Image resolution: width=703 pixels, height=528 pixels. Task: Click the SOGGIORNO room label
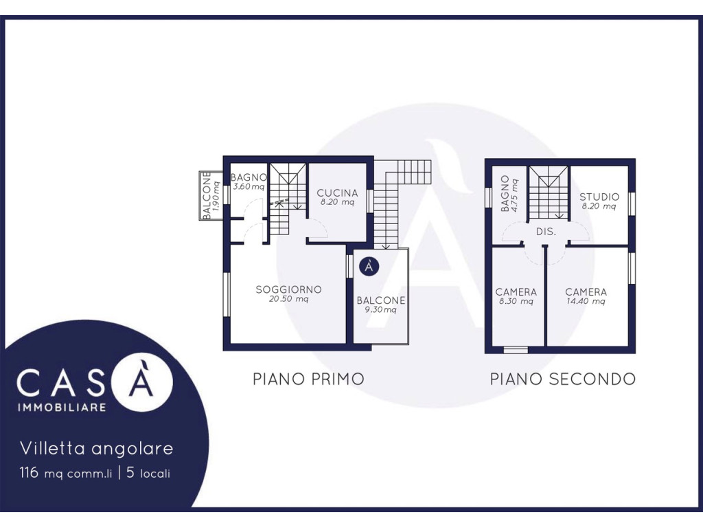click(289, 289)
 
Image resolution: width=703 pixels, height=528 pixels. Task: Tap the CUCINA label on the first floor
click(337, 193)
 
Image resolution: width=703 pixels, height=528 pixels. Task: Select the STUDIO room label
click(599, 197)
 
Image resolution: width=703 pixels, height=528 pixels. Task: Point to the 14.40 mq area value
click(586, 302)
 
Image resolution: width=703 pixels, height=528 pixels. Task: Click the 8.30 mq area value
click(516, 302)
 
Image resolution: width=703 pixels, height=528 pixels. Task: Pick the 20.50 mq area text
click(289, 300)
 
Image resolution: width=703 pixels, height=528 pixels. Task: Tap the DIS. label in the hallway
click(546, 232)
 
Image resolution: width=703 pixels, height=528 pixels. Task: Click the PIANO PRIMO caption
click(308, 379)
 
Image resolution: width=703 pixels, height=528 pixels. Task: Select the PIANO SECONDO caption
click(563, 379)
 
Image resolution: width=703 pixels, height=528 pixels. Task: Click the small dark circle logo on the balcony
click(369, 267)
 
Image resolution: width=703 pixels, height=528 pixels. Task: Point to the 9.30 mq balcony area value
click(380, 310)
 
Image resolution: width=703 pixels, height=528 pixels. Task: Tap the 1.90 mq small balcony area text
click(216, 196)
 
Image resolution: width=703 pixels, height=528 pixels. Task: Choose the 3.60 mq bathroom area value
click(249, 187)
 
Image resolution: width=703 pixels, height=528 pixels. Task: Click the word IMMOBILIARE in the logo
click(61, 407)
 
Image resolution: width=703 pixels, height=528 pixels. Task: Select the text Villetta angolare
click(96, 448)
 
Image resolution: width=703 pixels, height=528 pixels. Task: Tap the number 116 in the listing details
click(29, 473)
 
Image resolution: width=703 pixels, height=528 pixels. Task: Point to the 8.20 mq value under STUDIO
click(599, 206)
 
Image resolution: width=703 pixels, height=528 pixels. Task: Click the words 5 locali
click(148, 473)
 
